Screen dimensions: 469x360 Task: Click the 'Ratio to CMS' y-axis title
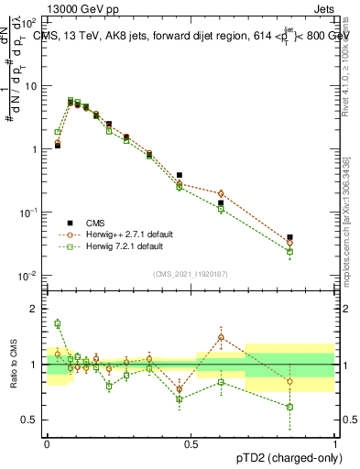pos(13,364)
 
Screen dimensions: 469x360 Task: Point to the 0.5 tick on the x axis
pos(191,442)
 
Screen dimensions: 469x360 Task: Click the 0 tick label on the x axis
pos(47,442)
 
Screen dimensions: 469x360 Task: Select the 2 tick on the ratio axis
pos(35,309)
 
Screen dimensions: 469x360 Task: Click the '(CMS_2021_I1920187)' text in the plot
pos(190,273)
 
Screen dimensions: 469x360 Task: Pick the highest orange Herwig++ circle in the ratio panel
pos(221,338)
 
